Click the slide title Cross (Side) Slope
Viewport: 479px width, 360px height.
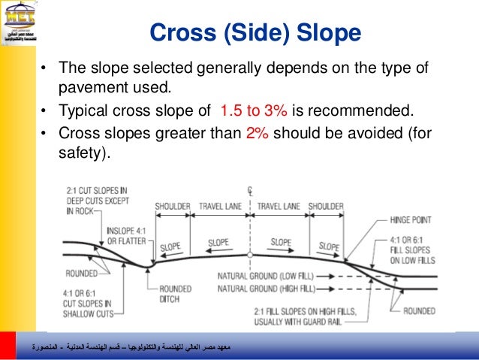click(x=255, y=33)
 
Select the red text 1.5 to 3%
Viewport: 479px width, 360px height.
click(x=253, y=112)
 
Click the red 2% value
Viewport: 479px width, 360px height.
click(x=257, y=133)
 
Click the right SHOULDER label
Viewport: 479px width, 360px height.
click(x=325, y=206)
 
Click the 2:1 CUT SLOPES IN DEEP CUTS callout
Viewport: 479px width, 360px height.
click(x=97, y=201)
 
